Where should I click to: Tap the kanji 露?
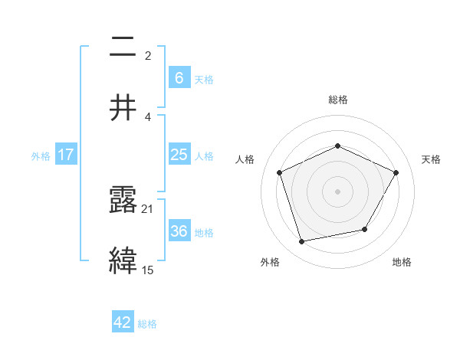tap(123, 201)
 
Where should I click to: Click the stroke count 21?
tap(148, 208)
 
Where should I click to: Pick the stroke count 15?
tap(148, 269)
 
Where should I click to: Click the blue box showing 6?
tap(179, 77)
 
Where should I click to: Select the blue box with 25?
tap(179, 155)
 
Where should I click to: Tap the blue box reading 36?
tap(179, 231)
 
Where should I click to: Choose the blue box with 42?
tap(123, 322)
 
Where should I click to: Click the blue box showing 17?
tap(66, 155)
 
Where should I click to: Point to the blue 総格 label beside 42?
tap(147, 324)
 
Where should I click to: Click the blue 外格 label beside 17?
tap(41, 155)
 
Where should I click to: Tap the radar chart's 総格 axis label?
tap(337, 100)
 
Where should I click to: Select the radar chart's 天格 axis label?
tap(432, 159)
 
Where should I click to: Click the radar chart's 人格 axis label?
tap(245, 159)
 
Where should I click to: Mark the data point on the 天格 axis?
tap(396, 172)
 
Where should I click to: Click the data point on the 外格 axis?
tap(302, 241)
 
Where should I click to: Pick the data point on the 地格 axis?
tap(365, 229)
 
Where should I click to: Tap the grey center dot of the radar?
tap(337, 191)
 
